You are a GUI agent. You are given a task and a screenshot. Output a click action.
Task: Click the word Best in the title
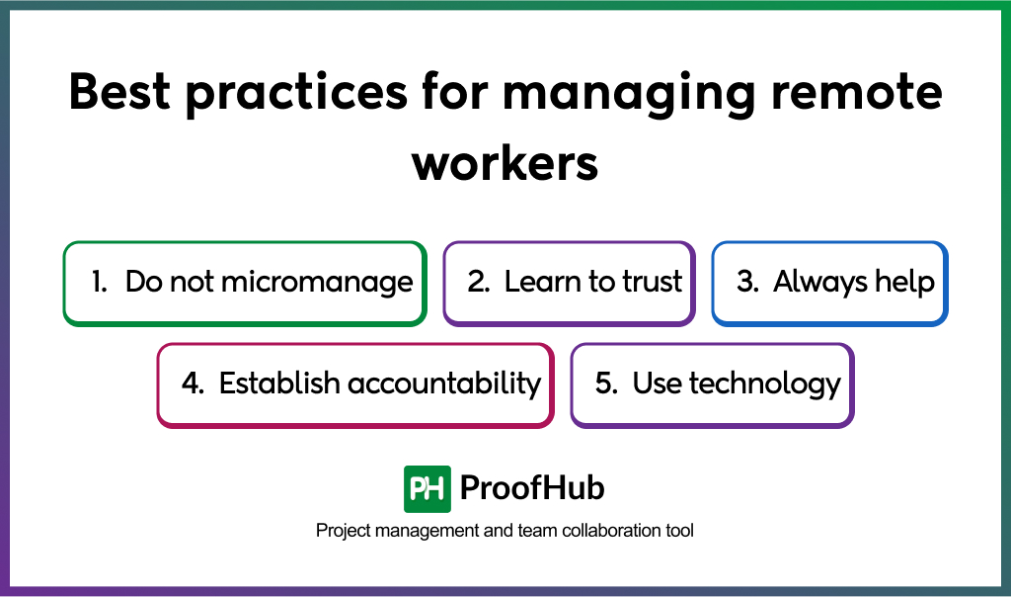(119, 92)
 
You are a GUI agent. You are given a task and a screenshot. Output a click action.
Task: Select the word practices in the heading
(296, 95)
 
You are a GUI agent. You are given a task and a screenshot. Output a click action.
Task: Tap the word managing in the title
(629, 95)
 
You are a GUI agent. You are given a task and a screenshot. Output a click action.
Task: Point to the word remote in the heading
(857, 92)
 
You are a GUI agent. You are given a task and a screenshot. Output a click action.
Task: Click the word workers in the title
(505, 163)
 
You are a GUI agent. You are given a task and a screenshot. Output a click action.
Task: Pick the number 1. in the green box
(100, 282)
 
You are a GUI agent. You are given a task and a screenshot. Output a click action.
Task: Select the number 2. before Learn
(479, 282)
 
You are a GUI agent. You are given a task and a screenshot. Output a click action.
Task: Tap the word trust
(652, 282)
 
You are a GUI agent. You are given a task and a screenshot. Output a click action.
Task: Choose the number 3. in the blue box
(748, 282)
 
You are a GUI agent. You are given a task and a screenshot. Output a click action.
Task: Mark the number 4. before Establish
(193, 384)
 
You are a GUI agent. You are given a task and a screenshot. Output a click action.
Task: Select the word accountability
(444, 384)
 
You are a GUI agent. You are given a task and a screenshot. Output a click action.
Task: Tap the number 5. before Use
(607, 384)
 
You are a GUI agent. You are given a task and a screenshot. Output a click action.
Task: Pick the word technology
(765, 384)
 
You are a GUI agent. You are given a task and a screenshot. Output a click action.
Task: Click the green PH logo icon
(427, 489)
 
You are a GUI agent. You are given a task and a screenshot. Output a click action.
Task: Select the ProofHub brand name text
(532, 488)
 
